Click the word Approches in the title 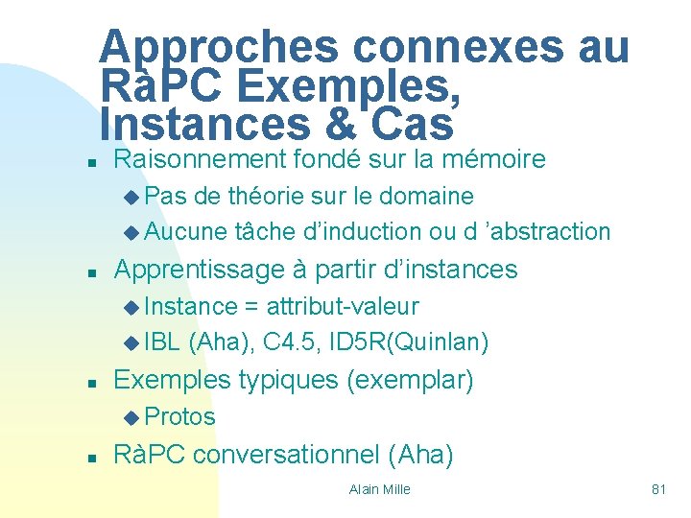tap(220, 47)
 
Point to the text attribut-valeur tap(343, 306)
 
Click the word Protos tap(181, 416)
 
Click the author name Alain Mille tap(380, 489)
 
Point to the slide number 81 tap(658, 489)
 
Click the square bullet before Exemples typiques tap(89, 383)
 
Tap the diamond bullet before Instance tap(131, 307)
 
